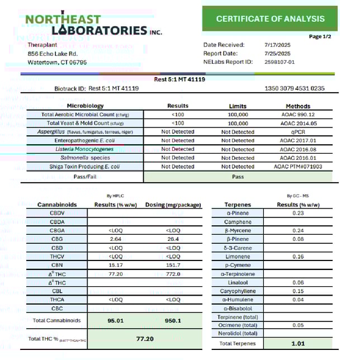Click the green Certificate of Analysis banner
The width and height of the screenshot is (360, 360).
[270, 18]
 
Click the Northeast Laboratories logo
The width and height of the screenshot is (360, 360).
[94, 25]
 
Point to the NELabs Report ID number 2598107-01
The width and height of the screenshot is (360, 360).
[280, 62]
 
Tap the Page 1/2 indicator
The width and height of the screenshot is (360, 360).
[323, 36]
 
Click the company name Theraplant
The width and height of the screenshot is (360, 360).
[44, 45]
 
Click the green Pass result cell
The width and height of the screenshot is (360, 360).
[238, 176]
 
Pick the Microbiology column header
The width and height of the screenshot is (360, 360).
[85, 106]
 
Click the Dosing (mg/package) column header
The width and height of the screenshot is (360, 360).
[173, 205]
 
